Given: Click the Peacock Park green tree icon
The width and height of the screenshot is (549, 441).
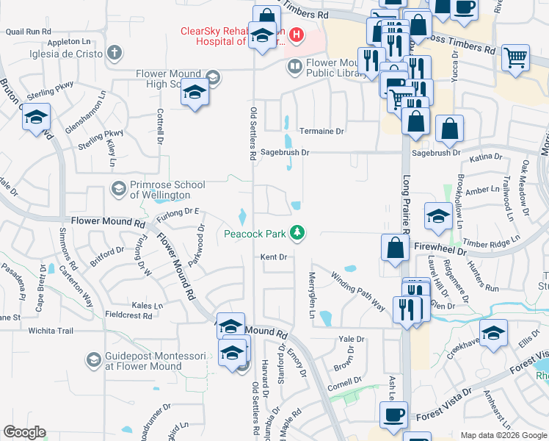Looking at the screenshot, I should coord(297,233).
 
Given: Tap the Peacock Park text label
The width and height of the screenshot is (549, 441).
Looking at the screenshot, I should coord(256,234).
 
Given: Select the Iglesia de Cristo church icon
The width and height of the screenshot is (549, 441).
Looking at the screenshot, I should coord(114,52).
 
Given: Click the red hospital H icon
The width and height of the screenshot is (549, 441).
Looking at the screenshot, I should coord(296,35).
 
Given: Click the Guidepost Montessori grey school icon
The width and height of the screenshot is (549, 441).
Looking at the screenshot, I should coord(93,359).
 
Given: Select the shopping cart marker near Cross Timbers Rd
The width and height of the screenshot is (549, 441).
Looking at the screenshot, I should coord(516,56).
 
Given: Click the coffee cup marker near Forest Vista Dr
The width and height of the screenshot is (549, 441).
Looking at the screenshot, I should coord(393,415).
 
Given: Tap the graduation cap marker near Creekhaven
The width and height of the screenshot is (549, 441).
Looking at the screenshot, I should coord(493,332).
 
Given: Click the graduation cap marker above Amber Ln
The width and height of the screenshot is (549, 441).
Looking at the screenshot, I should coord(438,215).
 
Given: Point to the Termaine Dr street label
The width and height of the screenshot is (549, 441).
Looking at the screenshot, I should coord(319,130).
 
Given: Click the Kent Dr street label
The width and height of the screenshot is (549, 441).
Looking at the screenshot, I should coord(273,257).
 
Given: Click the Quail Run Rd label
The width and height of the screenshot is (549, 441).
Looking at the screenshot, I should coord(28,32).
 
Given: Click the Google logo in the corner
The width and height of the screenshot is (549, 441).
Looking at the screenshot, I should coord(24,432).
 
